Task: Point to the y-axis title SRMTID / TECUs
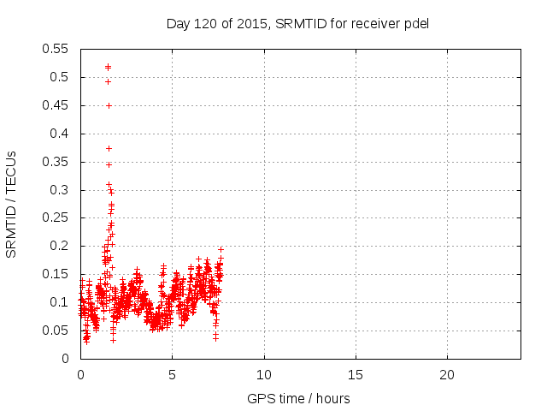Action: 12,204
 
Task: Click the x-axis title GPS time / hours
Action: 299,398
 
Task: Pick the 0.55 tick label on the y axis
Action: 58,49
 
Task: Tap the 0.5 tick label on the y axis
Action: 62,77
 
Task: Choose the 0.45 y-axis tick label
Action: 58,105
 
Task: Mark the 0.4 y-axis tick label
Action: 62,134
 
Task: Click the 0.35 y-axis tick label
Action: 58,162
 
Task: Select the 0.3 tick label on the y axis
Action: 62,190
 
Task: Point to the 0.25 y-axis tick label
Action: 58,217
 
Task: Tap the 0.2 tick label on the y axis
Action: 62,246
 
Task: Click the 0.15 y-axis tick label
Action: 58,274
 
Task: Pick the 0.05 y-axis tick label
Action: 58,331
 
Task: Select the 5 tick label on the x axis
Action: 172,375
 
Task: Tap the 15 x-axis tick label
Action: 355,375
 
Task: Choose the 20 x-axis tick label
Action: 446,375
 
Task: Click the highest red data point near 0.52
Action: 108,66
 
